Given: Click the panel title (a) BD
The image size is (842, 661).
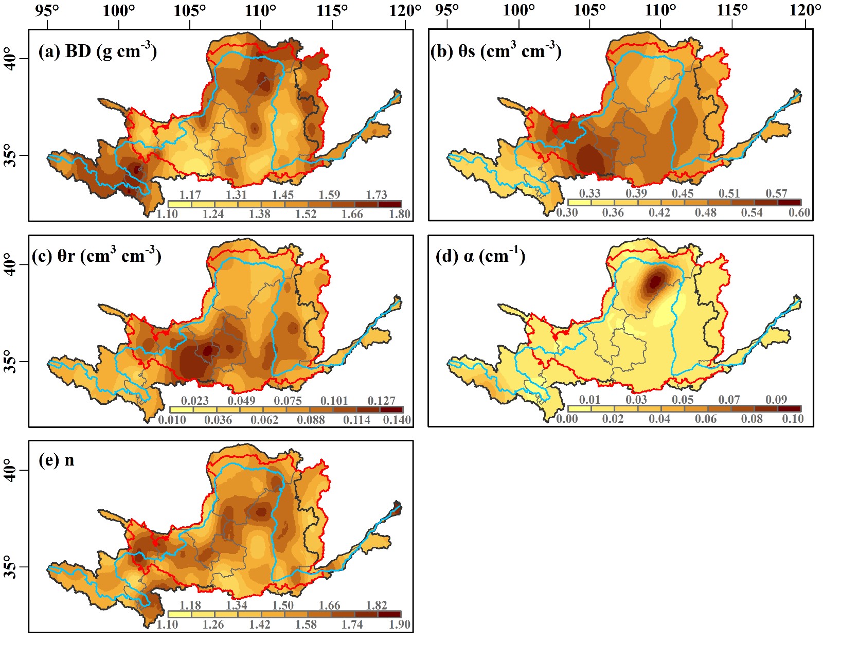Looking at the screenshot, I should (98, 51).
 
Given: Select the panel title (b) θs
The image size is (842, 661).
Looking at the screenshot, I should (496, 51).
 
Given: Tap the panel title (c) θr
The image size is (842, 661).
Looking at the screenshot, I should (97, 256).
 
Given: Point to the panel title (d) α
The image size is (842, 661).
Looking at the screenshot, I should (480, 256).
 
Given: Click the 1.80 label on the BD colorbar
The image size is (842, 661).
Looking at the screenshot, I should (399, 214).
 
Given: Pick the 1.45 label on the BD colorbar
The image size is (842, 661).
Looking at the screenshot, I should (283, 194).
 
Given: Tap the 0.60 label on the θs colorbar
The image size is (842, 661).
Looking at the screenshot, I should (799, 212).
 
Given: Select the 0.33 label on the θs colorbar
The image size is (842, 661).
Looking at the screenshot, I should (589, 193).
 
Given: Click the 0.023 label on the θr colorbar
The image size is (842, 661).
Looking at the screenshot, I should (195, 401).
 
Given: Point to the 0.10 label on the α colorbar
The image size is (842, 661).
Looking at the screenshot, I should (793, 419).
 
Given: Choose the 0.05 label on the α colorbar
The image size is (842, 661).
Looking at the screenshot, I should (683, 400).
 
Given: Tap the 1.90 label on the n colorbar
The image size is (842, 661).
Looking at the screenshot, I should (399, 624).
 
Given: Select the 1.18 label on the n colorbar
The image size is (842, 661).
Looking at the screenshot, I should (190, 605).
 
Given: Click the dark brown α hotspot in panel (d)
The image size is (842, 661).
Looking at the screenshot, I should (655, 281).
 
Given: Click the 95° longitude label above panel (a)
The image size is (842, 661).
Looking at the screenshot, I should (48, 10).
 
